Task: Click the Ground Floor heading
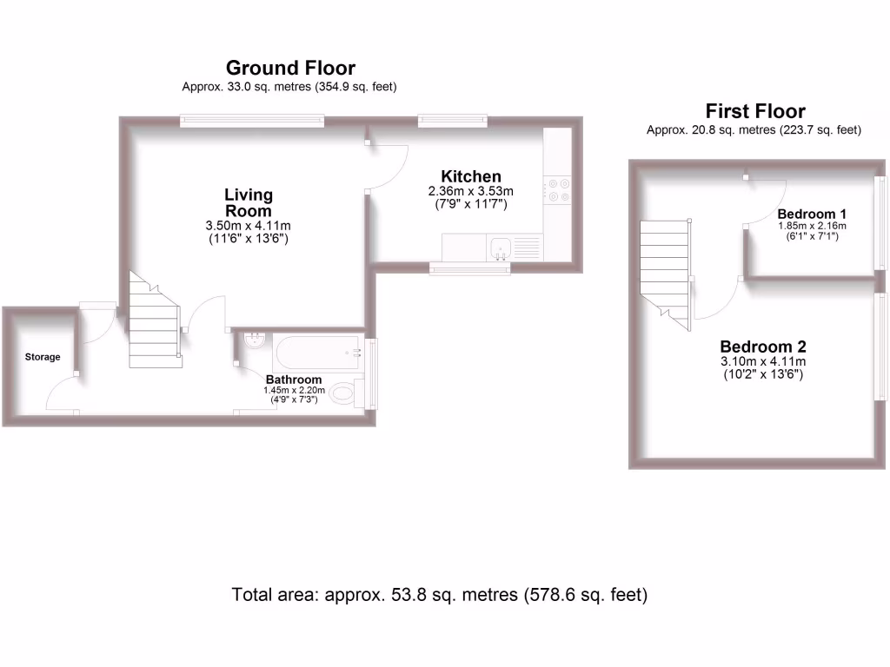pos(290,68)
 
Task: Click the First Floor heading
pos(754,111)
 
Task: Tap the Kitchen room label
pos(470,176)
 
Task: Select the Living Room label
pos(248,202)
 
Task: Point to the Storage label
pos(42,357)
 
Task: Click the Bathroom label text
pos(294,380)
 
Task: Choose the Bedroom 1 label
pos(812,214)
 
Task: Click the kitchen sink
pos(500,248)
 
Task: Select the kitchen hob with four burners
pos(556,191)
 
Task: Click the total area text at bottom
pos(440,595)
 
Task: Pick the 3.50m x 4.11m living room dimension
pos(248,225)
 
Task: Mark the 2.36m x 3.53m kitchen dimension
pos(470,192)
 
